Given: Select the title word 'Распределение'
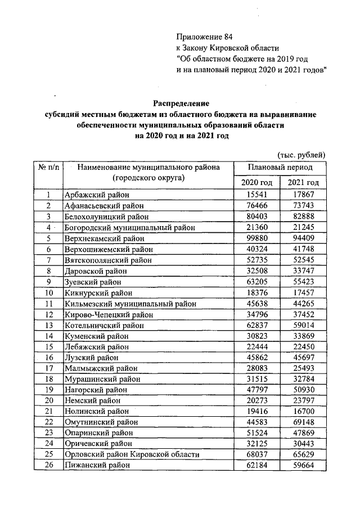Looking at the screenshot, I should (181, 103).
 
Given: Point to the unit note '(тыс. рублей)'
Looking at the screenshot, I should (301, 155).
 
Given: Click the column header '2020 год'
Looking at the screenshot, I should (256, 183).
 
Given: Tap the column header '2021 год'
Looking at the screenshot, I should (303, 183).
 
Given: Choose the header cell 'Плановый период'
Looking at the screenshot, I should (280, 168).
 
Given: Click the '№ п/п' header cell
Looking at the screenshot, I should (49, 168).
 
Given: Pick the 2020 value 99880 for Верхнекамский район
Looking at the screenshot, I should (256, 238).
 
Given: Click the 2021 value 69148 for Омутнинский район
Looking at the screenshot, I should (303, 422).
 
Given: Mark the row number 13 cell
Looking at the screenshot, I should (49, 336).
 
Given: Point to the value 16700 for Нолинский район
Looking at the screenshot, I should (303, 411).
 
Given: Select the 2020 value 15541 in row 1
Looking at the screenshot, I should (256, 195).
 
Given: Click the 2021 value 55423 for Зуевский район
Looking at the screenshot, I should (303, 282).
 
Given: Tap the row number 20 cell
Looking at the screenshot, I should (49, 400).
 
